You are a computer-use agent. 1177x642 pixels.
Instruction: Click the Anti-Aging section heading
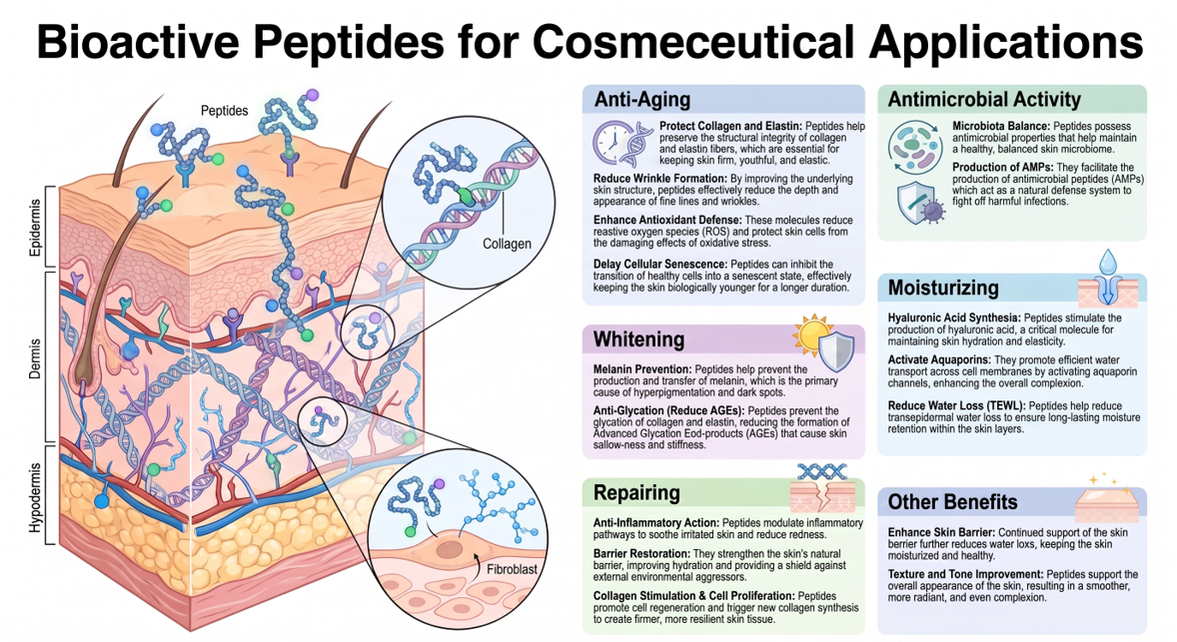tap(641, 100)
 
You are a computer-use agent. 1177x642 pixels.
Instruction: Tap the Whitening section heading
tap(638, 339)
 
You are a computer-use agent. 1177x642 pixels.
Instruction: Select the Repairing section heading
tap(636, 493)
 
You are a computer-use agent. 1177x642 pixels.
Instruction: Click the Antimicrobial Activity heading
tap(984, 100)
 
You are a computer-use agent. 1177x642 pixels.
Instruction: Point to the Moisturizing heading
tap(943, 288)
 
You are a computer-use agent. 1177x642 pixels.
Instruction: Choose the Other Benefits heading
tap(952, 502)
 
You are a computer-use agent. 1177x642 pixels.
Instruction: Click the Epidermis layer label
tap(35, 228)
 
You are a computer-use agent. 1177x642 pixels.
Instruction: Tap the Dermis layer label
tap(35, 358)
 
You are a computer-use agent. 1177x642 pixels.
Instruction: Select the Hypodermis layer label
tap(35, 497)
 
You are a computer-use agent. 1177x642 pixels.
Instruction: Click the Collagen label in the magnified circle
tap(507, 244)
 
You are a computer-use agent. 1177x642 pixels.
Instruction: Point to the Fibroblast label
tap(512, 569)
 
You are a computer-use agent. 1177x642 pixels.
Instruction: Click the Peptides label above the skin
tap(224, 111)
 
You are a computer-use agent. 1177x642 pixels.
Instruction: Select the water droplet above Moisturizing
tap(1107, 263)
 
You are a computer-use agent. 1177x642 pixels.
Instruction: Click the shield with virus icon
tap(920, 203)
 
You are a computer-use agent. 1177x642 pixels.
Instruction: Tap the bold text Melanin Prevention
tap(642, 369)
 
